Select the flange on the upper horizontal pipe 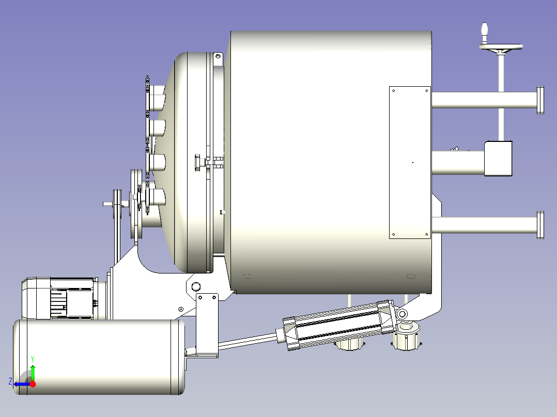[540, 100]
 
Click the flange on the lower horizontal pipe [540, 225]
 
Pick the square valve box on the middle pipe [498, 158]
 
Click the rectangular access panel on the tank [410, 162]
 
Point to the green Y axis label [33, 359]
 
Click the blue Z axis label [10, 381]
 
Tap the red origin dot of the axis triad [33, 384]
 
